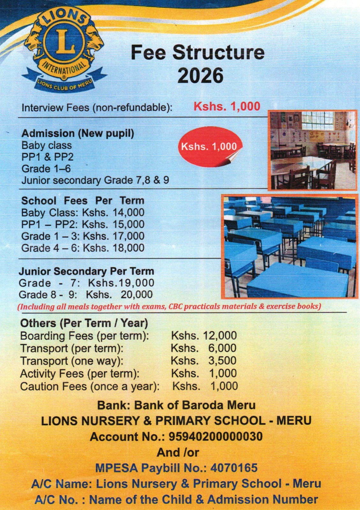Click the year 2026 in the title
200,76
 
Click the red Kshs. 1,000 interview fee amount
227,106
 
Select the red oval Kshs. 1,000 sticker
209,147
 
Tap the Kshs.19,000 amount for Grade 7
121,283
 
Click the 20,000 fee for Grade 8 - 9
136,295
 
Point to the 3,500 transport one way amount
222,361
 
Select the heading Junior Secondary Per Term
86,271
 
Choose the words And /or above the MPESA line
178,452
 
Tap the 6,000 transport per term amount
222,348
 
